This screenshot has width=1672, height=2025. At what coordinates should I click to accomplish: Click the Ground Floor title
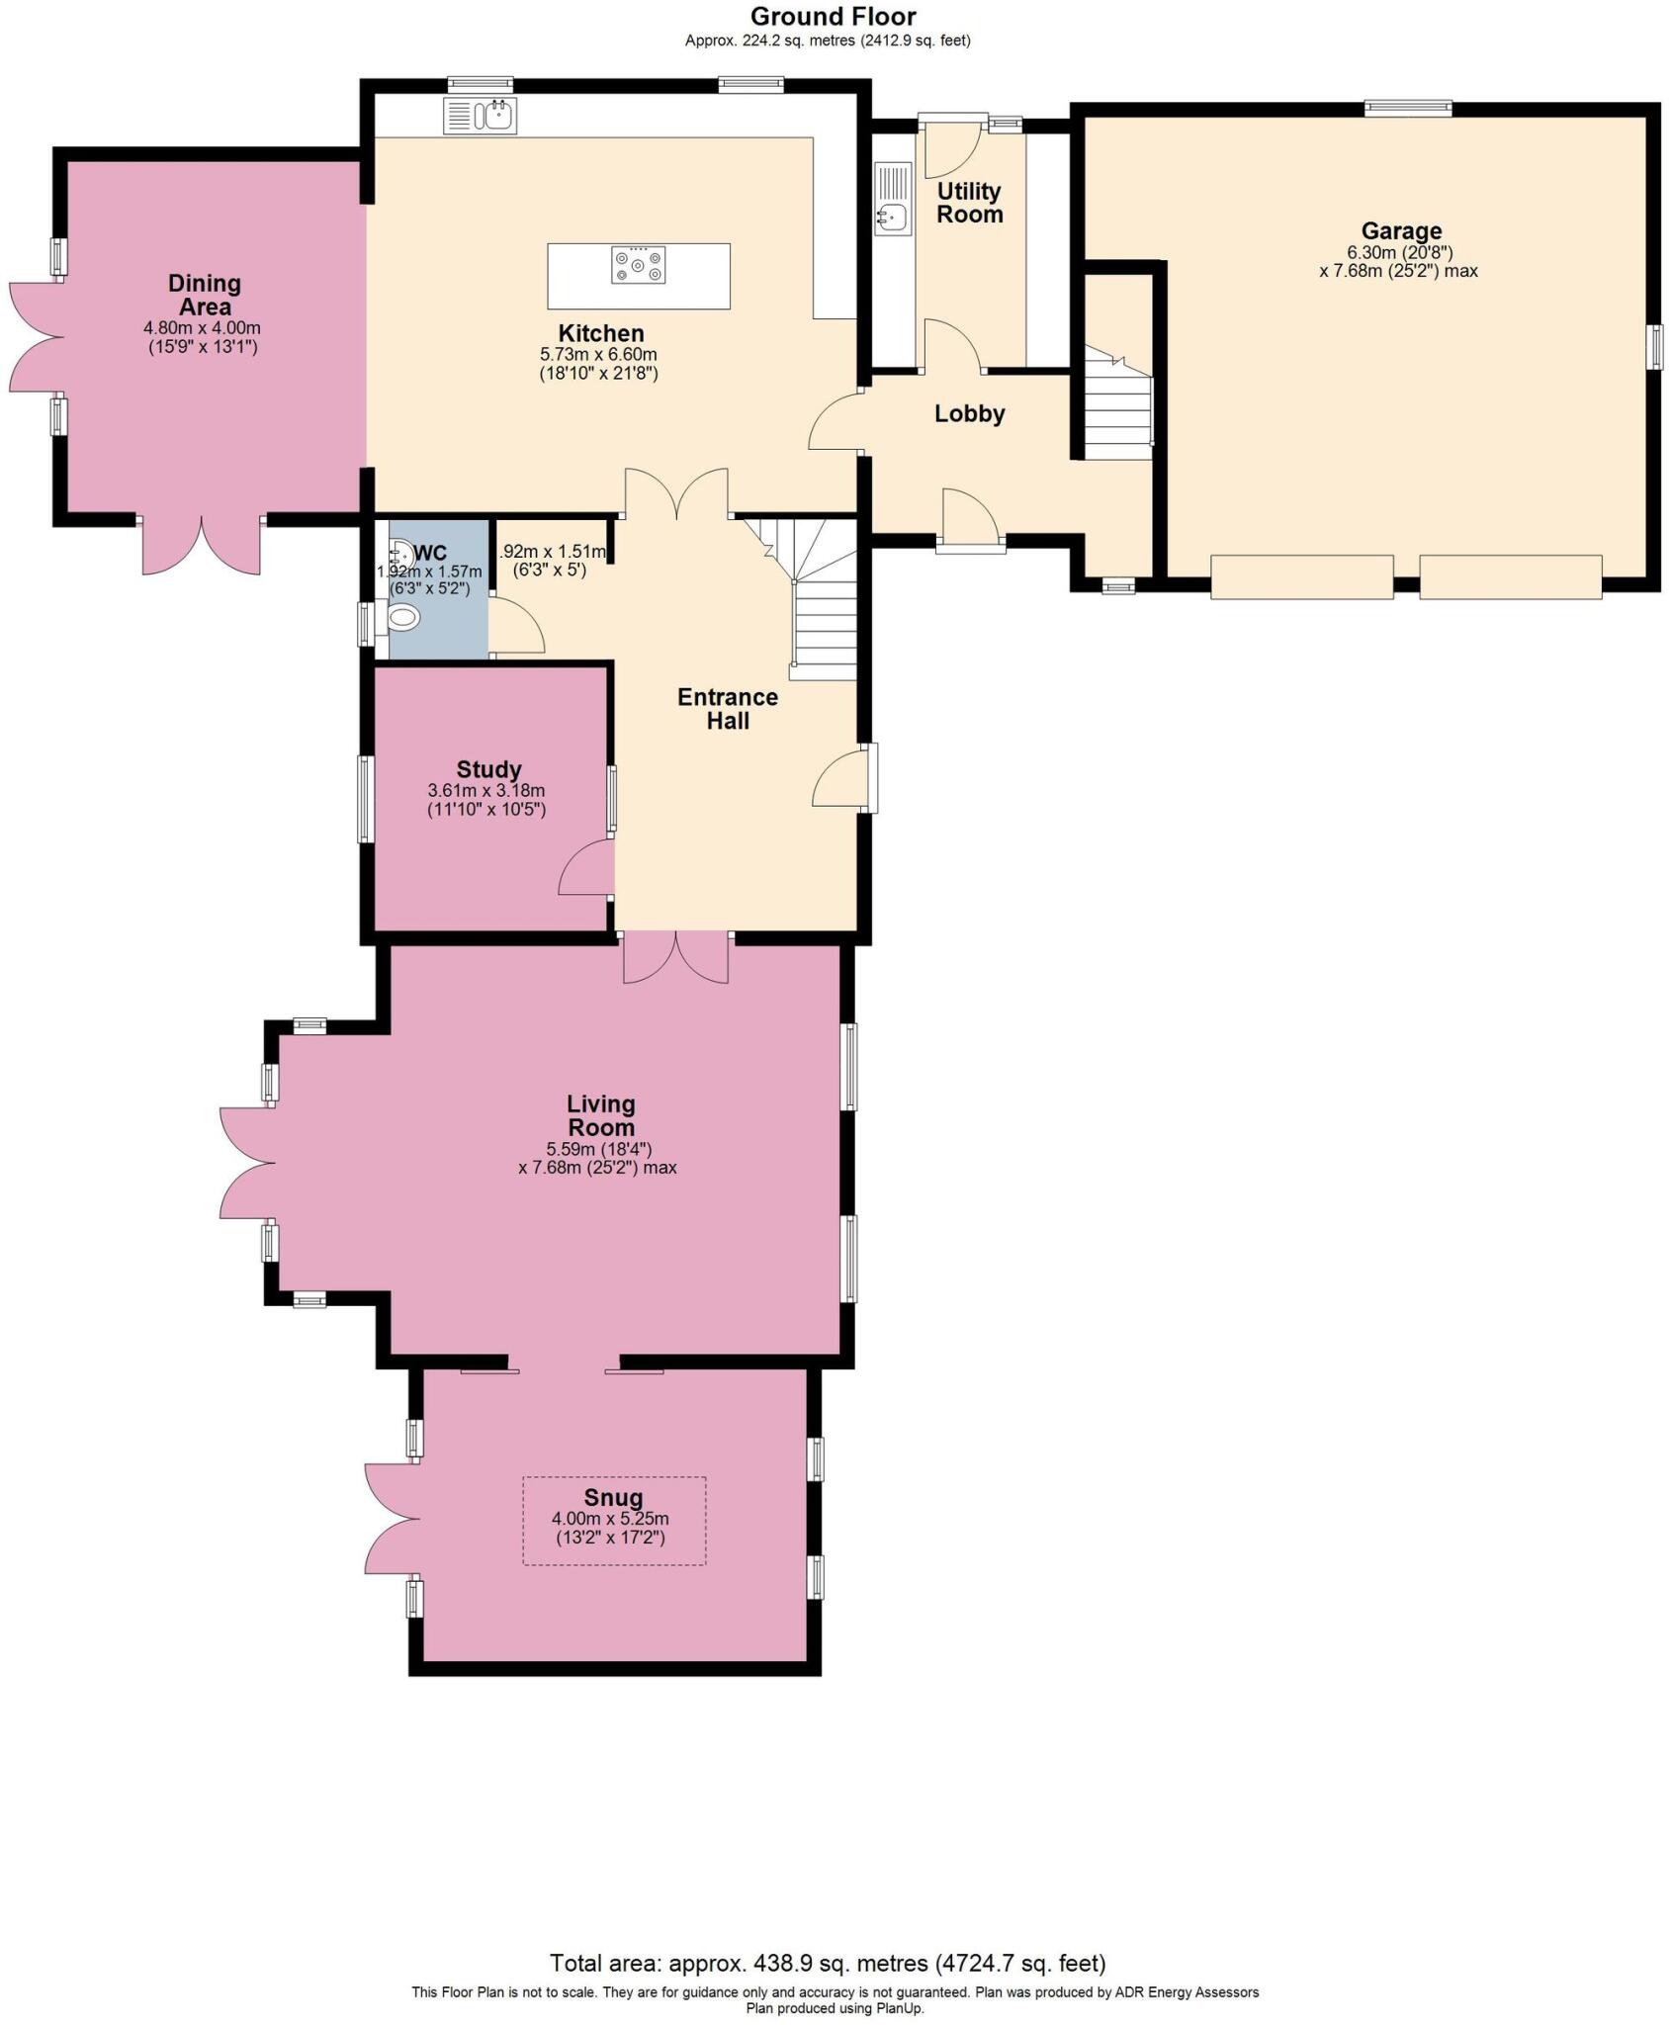tap(833, 17)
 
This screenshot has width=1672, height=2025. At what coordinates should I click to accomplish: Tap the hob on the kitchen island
tap(638, 265)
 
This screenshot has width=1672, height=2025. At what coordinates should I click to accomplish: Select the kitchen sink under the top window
tap(481, 117)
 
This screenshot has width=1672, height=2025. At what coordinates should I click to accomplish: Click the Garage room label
tap(1400, 231)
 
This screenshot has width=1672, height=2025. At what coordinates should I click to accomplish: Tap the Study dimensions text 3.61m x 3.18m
tap(486, 791)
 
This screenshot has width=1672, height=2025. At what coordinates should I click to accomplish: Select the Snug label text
tap(613, 1498)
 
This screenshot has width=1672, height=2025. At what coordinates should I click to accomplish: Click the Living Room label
tap(600, 1115)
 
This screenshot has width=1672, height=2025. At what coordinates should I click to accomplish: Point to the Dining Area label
tap(204, 295)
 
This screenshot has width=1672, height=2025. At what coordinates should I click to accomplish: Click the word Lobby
tap(969, 414)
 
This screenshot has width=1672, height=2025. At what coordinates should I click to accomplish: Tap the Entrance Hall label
tap(727, 709)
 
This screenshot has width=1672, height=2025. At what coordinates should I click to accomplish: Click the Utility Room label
tap(969, 203)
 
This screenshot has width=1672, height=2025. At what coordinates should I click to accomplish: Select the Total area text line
tap(827, 1963)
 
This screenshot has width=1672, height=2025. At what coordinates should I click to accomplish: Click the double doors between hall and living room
tap(676, 957)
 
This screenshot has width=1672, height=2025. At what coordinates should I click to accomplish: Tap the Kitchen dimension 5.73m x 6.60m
tap(598, 354)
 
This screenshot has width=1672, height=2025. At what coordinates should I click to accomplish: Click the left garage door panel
tap(1301, 576)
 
